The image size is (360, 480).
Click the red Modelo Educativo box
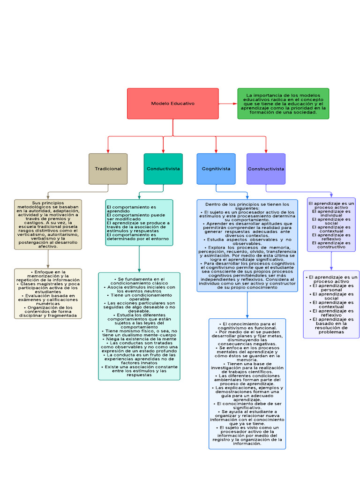click(172, 103)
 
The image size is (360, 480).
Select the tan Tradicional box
click(108, 169)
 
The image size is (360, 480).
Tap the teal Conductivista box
click(163, 169)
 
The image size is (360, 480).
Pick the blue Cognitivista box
click(216, 169)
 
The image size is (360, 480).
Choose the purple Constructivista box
click(266, 169)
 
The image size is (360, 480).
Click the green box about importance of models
click(283, 103)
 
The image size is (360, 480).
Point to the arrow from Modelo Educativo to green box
click(228, 103)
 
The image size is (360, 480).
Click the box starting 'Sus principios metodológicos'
click(48, 224)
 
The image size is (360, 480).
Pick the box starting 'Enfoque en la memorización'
click(48, 293)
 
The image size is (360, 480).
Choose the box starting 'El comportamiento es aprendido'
click(139, 223)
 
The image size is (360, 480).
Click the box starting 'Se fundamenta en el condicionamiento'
click(139, 326)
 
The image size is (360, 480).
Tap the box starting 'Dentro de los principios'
click(247, 245)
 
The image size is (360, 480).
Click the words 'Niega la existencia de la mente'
click(139, 338)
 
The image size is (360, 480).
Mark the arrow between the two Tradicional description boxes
click(48, 259)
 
